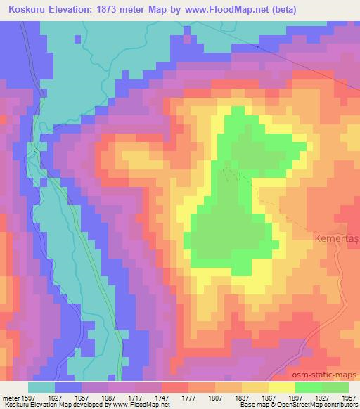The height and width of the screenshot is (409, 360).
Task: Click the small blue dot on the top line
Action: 258,48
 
